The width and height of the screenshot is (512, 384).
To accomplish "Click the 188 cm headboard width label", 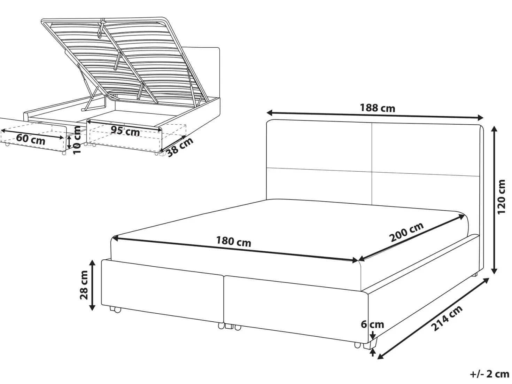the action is (x=378, y=108).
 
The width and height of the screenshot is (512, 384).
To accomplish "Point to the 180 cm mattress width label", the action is (x=233, y=242).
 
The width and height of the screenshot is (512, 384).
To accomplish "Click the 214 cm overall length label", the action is (x=446, y=318).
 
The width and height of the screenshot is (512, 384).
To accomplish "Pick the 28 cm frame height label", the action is (x=84, y=285).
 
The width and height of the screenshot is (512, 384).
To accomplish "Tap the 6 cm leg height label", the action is (x=372, y=324).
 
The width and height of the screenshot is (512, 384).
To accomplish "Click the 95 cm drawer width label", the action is (x=125, y=131).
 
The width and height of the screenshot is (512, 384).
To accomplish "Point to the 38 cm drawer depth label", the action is (x=180, y=147).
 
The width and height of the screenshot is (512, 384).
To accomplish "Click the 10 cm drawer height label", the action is (x=77, y=140).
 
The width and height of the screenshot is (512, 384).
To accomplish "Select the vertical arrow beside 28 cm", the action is (x=92, y=285).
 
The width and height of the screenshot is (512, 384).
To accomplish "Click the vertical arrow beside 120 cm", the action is (x=494, y=200).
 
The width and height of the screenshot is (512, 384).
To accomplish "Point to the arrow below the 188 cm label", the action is (x=375, y=116).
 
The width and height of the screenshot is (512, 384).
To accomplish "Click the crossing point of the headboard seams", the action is (x=372, y=172).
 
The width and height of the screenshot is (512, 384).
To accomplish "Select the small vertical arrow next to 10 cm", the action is (x=69, y=142).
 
